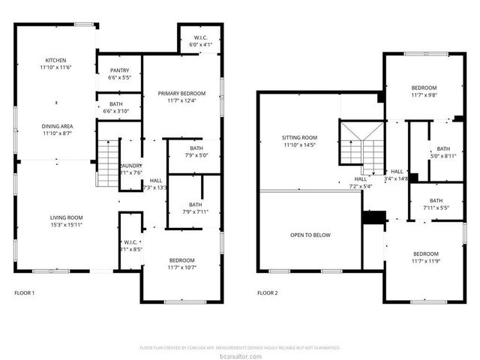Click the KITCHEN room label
[x=55, y=60]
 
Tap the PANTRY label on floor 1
[x=120, y=70]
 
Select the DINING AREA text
[x=55, y=125]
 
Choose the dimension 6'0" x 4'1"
[x=200, y=45]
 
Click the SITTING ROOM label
[x=299, y=138]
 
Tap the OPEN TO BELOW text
[x=310, y=235]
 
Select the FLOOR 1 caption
[x=24, y=292]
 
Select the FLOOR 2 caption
[x=267, y=292]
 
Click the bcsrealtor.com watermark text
[x=240, y=355]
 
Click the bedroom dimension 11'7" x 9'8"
[x=424, y=95]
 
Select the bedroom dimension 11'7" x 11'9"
[x=424, y=261]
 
